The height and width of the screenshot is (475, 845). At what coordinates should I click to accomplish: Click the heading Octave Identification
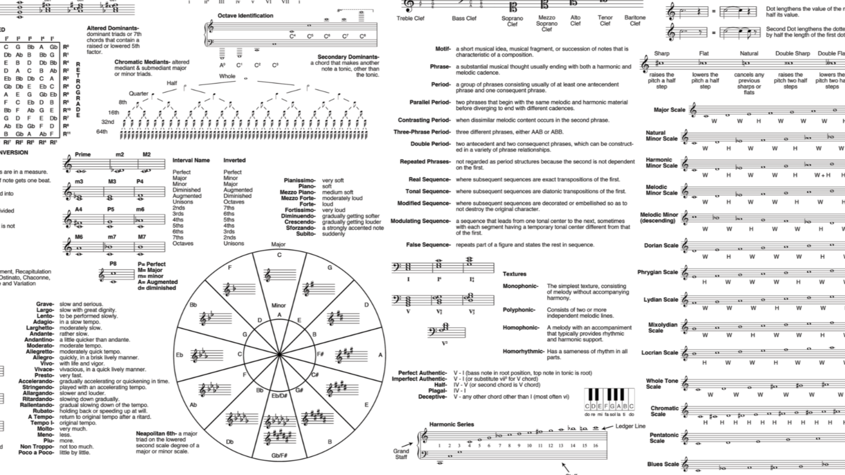[245, 16]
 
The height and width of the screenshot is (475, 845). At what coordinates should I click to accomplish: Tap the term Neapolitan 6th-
[156, 434]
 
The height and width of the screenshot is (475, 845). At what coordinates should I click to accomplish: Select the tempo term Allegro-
[43, 357]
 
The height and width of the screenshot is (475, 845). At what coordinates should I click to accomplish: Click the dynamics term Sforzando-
[300, 228]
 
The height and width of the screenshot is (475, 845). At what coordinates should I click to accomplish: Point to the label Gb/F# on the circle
[279, 456]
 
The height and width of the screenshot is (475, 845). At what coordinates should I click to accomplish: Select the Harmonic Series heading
[451, 424]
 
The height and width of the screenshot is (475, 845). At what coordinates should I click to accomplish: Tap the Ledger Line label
[630, 426]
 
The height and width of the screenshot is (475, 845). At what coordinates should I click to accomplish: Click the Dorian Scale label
[661, 245]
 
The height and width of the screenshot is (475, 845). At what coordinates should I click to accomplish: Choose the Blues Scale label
[663, 464]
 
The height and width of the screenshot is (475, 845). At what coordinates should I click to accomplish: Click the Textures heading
[514, 274]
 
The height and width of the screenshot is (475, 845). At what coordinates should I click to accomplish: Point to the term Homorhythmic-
[523, 352]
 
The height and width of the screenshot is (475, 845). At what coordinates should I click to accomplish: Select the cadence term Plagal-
[437, 391]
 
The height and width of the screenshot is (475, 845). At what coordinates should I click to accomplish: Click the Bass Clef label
[464, 19]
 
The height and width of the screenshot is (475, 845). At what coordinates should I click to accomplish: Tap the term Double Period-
[430, 144]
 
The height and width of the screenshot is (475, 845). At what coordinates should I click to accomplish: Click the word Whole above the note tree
[227, 76]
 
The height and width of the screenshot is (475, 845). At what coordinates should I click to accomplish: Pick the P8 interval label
[113, 264]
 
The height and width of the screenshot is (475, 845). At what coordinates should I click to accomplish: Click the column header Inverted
[234, 160]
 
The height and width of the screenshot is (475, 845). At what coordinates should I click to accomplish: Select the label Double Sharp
[792, 54]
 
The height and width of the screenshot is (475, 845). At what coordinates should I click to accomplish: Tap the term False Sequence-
[428, 245]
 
